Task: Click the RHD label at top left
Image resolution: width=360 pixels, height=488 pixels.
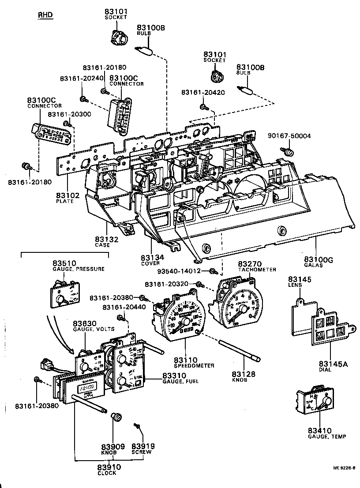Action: pos(45,15)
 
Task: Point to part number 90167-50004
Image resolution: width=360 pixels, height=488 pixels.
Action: pos(289,136)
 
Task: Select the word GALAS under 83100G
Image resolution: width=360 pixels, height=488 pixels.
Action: pos(313,265)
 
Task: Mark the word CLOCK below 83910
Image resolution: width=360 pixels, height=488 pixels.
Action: pos(107,473)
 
